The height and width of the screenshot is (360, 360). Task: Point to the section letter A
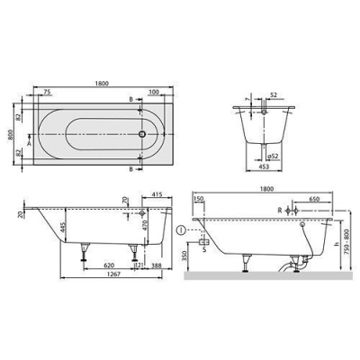pos(31,143)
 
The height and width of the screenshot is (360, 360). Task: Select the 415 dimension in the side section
pos(157,194)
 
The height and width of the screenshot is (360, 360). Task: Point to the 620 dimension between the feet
pos(107,266)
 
